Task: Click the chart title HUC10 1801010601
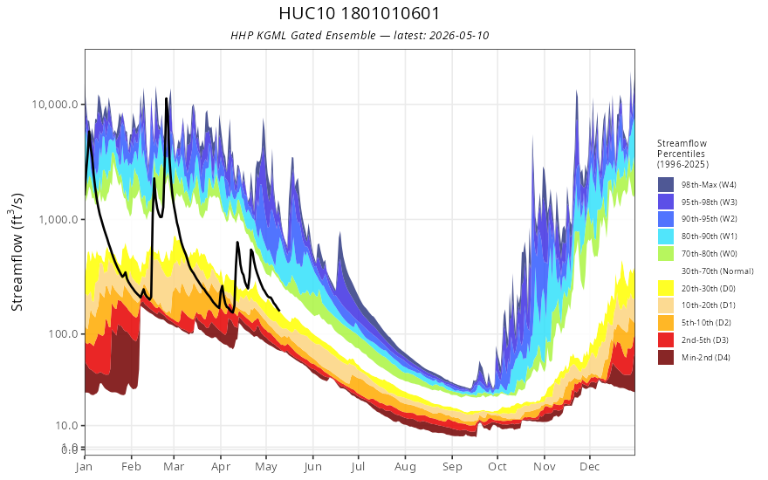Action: click(x=359, y=13)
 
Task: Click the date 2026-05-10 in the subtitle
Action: click(x=459, y=36)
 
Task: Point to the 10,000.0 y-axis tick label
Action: click(x=55, y=105)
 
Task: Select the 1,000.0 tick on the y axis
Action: click(x=58, y=219)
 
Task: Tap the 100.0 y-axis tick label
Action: click(x=63, y=334)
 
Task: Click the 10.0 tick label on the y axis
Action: click(x=66, y=426)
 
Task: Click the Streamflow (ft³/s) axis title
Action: click(x=17, y=251)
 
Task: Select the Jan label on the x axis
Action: click(x=85, y=467)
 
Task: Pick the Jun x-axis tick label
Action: click(x=312, y=467)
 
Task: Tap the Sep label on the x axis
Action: click(x=452, y=467)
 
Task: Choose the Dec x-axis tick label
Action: click(x=590, y=467)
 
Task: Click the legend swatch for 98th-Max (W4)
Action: click(x=666, y=185)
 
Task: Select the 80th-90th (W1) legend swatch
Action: click(x=666, y=237)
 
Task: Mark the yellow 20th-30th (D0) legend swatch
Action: click(x=666, y=288)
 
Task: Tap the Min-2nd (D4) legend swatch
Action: click(x=666, y=357)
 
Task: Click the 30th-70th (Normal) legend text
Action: click(x=717, y=271)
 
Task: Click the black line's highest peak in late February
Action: click(x=166, y=99)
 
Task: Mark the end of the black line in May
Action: click(x=279, y=311)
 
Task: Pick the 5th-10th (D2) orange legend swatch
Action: click(x=666, y=323)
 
